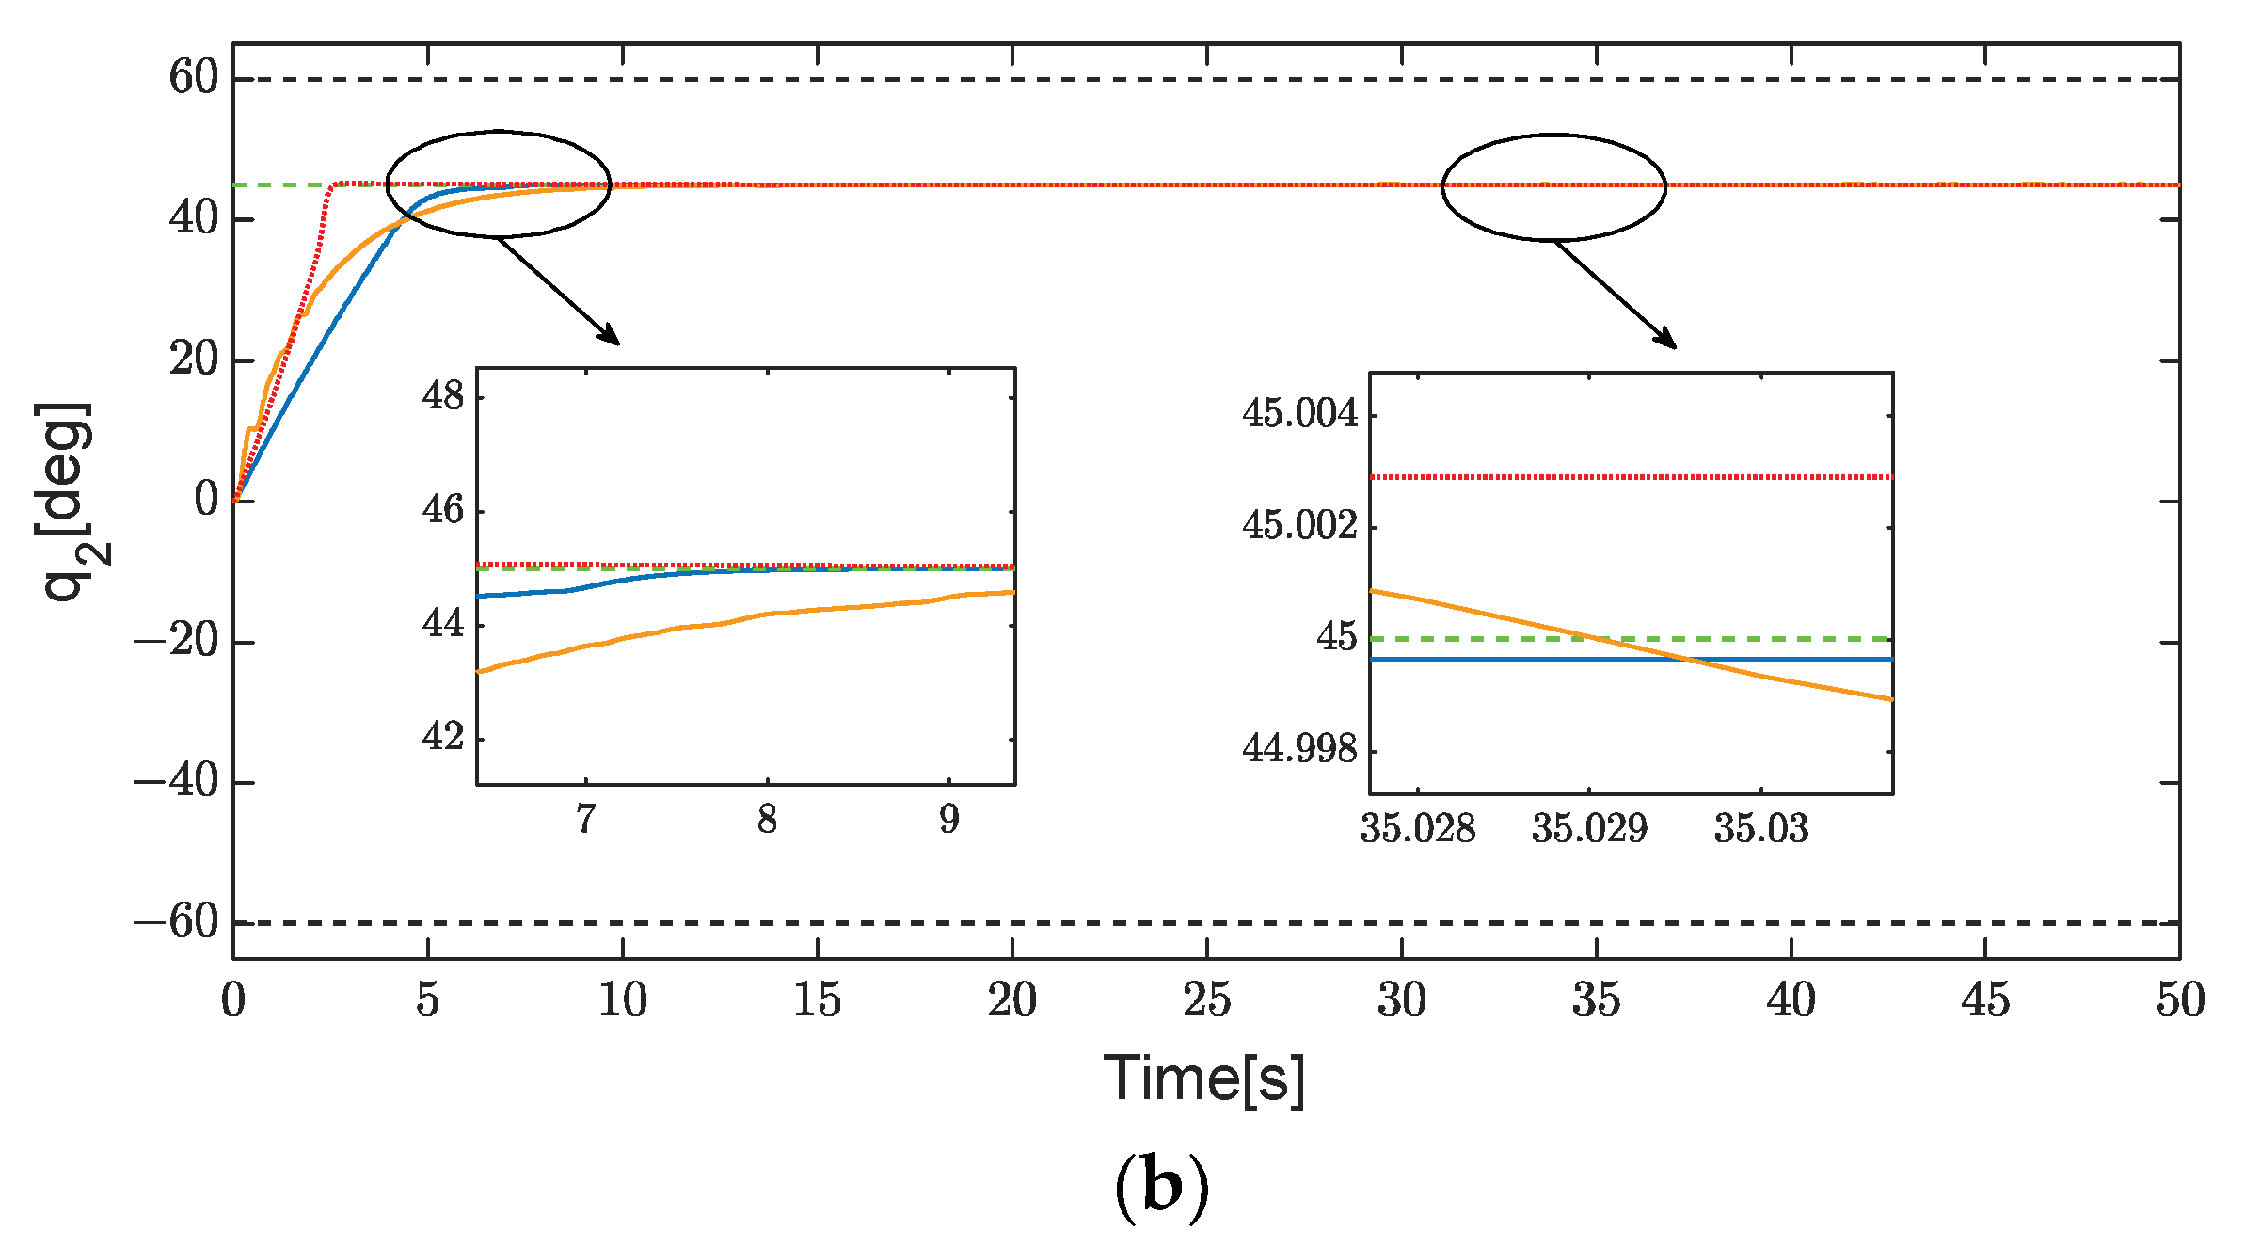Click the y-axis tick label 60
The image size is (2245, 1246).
click(193, 77)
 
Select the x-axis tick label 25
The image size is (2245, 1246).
click(1206, 1000)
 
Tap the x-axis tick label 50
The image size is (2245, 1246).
click(2180, 1000)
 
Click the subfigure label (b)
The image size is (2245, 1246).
click(1161, 1188)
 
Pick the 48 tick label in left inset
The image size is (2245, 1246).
click(443, 396)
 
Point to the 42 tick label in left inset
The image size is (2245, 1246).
click(443, 737)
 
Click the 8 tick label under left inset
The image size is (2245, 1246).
click(767, 821)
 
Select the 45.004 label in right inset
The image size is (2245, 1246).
click(1300, 414)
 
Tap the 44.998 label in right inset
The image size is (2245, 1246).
click(1300, 749)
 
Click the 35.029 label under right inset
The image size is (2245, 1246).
click(1589, 829)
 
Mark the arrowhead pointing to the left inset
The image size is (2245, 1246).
click(612, 337)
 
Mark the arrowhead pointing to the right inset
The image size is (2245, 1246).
click(1668, 341)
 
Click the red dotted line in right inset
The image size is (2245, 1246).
click(1628, 477)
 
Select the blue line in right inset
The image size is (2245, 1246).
click(1505, 659)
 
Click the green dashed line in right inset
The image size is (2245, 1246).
click(1788, 639)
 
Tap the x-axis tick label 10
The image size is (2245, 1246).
click(622, 1000)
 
